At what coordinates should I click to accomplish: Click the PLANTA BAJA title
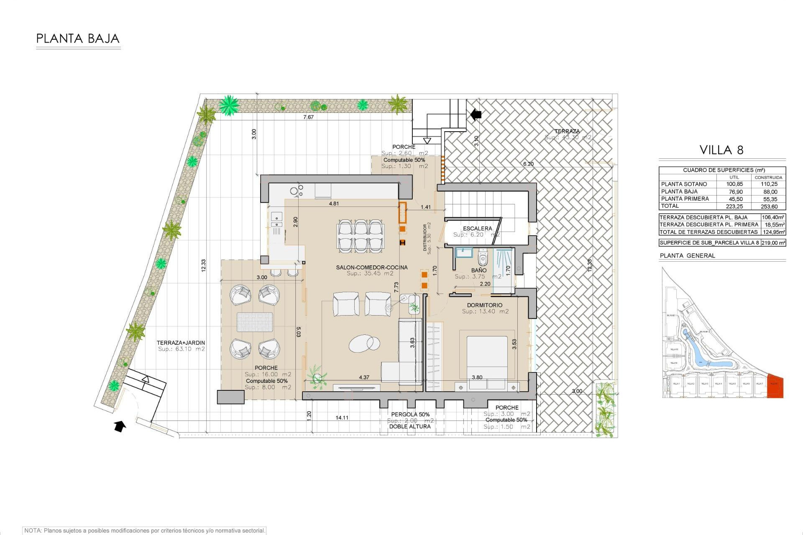78,39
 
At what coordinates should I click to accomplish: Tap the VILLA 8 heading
721,150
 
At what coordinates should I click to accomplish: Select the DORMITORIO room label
485,305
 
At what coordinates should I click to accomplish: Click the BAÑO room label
479,270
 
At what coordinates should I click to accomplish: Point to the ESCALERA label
477,229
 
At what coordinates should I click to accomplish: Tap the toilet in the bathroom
483,258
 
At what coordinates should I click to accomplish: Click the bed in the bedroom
487,359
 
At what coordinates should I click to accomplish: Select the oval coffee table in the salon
365,344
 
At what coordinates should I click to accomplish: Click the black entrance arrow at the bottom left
120,426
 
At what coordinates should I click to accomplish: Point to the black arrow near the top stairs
476,114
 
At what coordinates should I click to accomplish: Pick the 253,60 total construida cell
769,206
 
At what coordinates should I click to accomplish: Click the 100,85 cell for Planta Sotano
734,184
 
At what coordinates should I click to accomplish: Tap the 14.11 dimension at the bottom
342,418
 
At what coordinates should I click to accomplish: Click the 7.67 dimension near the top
308,117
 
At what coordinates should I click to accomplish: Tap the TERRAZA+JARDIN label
181,343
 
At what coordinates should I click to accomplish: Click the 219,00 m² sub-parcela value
773,243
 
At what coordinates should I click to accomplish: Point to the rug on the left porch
255,322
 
